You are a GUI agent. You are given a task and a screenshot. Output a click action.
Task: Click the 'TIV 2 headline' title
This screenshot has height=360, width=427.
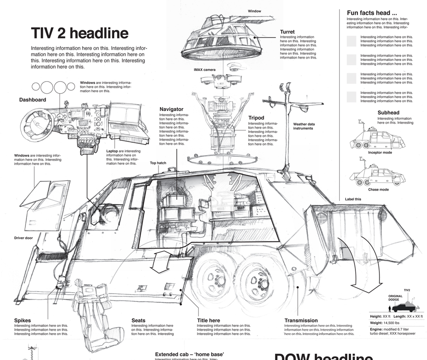[79, 33]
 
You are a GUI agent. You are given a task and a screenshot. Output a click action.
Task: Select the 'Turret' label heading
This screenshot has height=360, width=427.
[287, 32]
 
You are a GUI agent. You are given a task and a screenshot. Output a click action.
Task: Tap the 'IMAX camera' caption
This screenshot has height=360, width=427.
[205, 70]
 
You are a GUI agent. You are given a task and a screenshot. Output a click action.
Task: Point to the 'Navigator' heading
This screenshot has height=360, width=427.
[171, 109]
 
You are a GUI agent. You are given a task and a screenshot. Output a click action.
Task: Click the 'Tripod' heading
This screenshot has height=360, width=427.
[256, 118]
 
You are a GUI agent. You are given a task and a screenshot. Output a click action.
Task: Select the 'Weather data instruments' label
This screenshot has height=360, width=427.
[304, 126]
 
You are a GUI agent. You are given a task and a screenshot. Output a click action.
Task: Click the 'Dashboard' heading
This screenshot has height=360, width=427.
[33, 100]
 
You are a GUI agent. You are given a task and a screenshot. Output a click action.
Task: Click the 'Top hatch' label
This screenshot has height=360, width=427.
[158, 163]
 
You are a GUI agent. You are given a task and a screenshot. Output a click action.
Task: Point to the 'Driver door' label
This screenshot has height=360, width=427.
[23, 238]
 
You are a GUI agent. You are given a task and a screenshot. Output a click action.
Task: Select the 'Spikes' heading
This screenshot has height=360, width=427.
[23, 320]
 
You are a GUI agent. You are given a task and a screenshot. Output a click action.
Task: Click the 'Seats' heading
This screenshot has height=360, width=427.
[138, 320]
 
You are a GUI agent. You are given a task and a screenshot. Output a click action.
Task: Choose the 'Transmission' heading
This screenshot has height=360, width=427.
[301, 320]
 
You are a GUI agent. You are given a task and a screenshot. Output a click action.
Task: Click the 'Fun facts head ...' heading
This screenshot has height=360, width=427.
[372, 13]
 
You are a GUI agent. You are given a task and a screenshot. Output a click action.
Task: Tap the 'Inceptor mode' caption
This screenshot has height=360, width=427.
[380, 153]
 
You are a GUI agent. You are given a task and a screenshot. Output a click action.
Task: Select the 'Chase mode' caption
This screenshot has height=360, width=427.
[378, 190]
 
